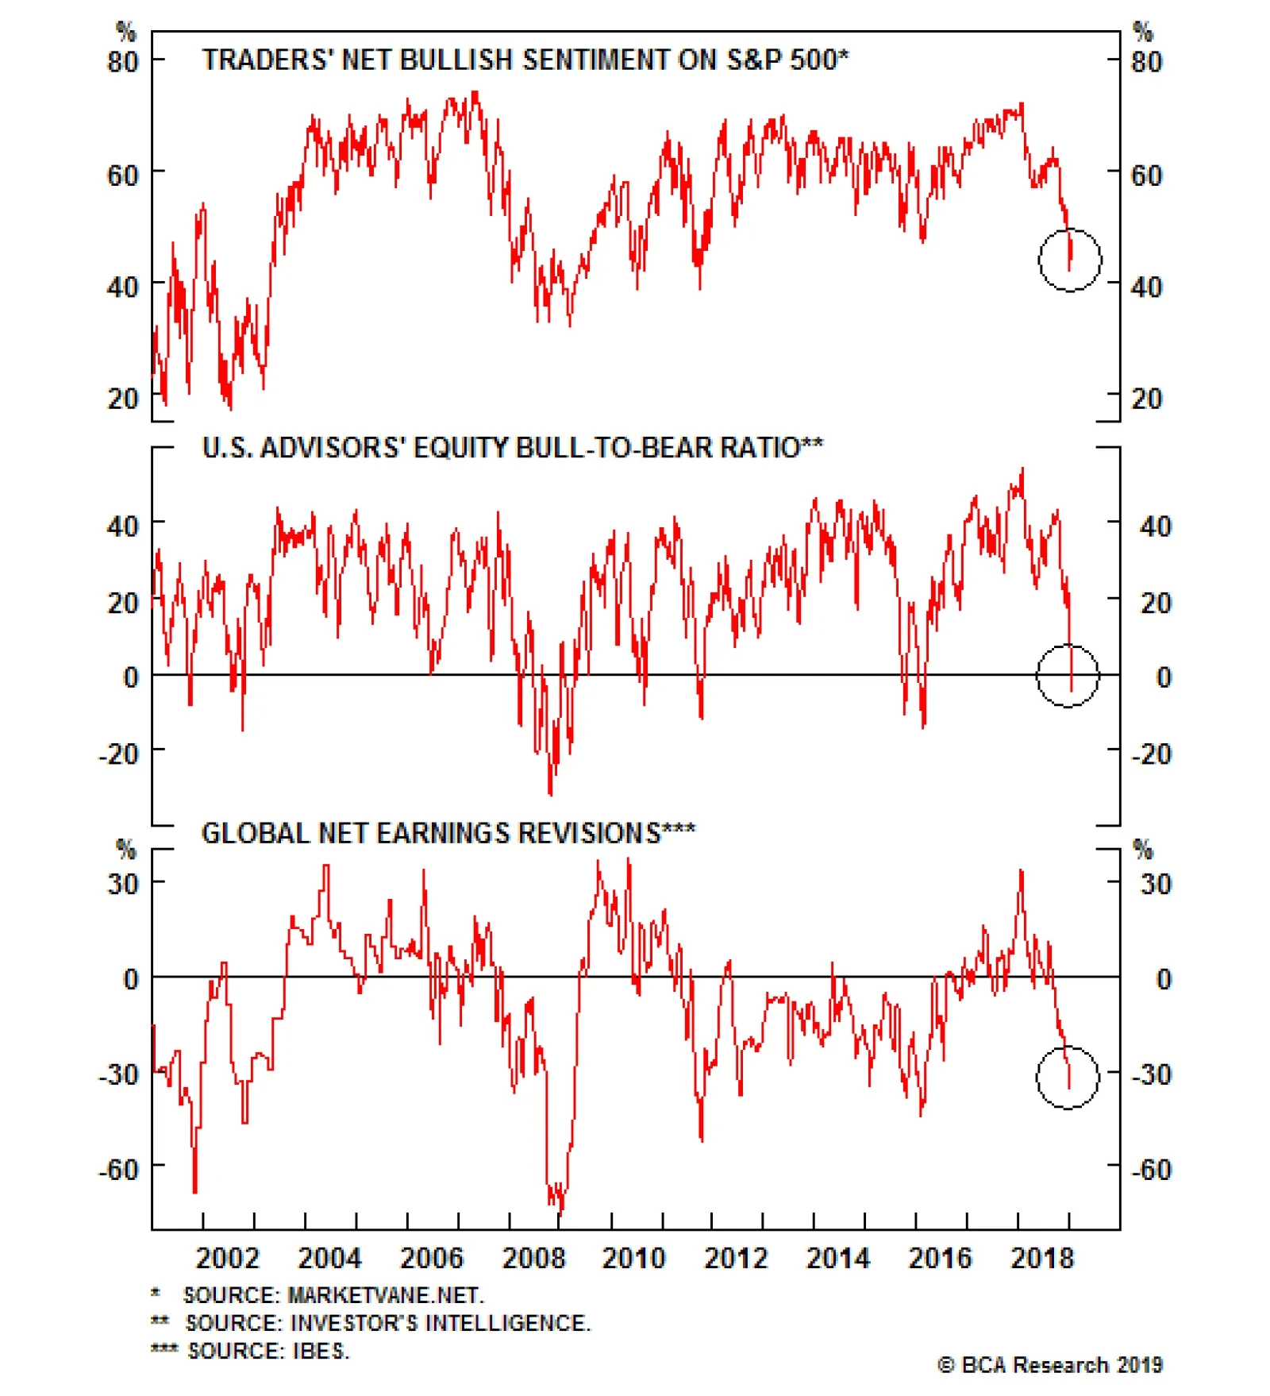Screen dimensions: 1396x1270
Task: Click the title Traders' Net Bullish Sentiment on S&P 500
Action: [x=525, y=60]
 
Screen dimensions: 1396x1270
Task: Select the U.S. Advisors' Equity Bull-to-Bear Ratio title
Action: [x=512, y=448]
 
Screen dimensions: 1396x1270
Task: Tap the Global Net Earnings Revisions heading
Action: [x=448, y=833]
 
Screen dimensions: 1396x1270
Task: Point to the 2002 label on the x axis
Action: [x=227, y=1259]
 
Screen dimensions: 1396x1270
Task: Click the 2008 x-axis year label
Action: [x=533, y=1259]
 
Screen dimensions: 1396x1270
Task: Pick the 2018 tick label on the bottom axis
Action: [x=1041, y=1259]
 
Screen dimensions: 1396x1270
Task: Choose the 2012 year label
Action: [x=736, y=1259]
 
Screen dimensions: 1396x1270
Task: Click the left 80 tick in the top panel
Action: [x=122, y=62]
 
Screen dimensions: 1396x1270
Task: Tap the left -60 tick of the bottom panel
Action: [x=118, y=1170]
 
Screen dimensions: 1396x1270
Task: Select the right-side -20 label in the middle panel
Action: [x=1151, y=754]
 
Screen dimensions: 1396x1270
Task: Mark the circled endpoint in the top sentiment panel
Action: [x=1070, y=260]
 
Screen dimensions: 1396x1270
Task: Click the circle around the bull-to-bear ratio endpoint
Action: [x=1068, y=676]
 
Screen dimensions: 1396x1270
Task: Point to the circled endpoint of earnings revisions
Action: [x=1068, y=1077]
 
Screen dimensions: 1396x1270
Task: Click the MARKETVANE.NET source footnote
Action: [x=333, y=1295]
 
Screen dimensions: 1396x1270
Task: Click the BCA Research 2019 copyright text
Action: [x=1049, y=1365]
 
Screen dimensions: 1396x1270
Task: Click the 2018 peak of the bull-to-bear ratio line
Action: [x=1022, y=469]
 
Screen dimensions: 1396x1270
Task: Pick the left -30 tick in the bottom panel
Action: [x=118, y=1074]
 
